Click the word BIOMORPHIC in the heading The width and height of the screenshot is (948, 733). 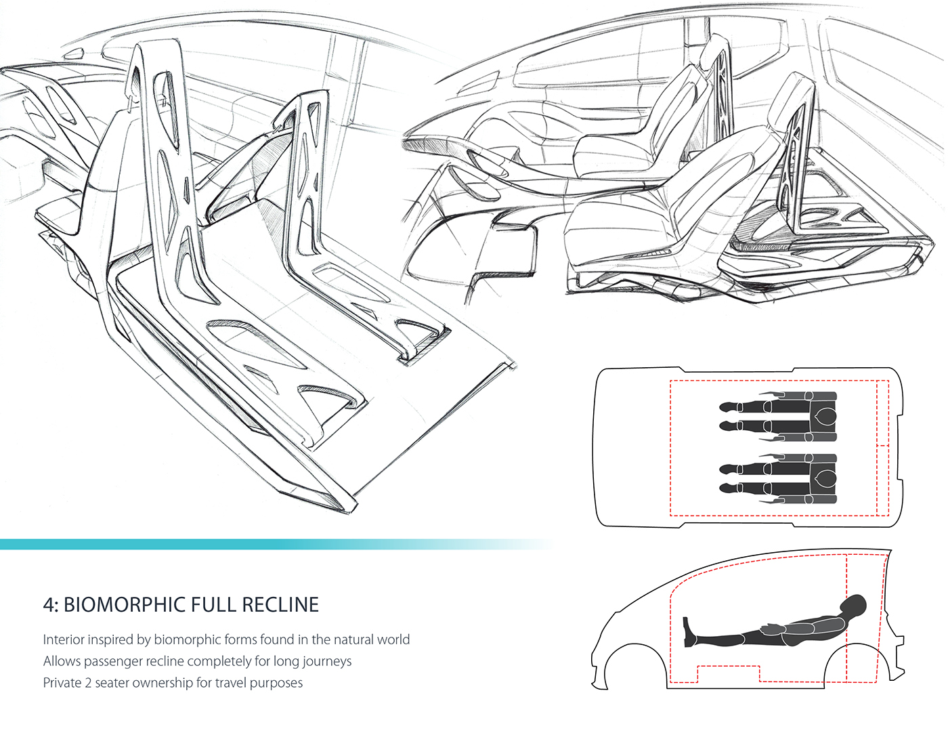pyautogui.click(x=125, y=605)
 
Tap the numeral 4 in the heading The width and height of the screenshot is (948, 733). pyautogui.click(x=49, y=605)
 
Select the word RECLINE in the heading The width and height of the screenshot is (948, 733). pyautogui.click(x=280, y=605)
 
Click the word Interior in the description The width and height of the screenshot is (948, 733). pyautogui.click(x=65, y=640)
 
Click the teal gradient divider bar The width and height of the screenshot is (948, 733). pyautogui.click(x=275, y=544)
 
